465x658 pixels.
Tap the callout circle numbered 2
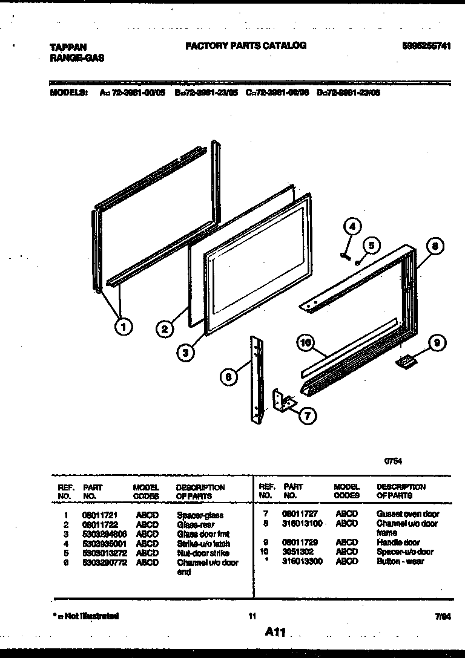(164, 330)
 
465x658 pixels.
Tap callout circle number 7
(308, 415)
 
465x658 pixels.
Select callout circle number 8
(435, 246)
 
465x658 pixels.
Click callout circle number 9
(436, 344)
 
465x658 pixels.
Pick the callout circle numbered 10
(306, 343)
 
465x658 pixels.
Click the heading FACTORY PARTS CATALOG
(245, 45)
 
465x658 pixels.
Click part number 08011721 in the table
(97, 515)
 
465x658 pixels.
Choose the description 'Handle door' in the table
(398, 542)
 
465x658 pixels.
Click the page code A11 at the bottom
(274, 632)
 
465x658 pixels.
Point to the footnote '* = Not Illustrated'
(84, 616)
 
